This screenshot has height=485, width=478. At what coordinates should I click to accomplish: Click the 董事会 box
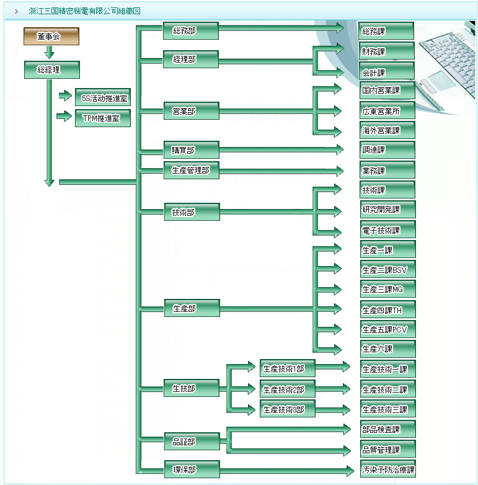pyautogui.click(x=48, y=37)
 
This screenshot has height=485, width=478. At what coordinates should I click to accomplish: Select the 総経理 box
pyautogui.click(x=51, y=70)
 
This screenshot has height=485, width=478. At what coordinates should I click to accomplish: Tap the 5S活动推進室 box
pyautogui.click(x=102, y=97)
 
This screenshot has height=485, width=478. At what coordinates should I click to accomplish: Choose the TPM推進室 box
pyautogui.click(x=102, y=118)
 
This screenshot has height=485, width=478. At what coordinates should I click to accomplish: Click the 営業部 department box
pyautogui.click(x=191, y=112)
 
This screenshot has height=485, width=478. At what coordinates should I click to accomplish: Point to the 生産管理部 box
pyautogui.click(x=191, y=171)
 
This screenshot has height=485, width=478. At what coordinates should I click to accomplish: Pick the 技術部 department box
pyautogui.click(x=191, y=212)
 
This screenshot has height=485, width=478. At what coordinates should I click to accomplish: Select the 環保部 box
pyautogui.click(x=191, y=469)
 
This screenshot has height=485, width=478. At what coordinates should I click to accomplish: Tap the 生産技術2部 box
pyautogui.click(x=287, y=389)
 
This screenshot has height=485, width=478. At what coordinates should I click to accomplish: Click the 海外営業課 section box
pyautogui.click(x=387, y=131)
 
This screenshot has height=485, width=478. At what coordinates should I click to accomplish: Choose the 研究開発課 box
pyautogui.click(x=387, y=210)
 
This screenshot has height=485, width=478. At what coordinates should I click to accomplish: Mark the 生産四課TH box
pyautogui.click(x=387, y=309)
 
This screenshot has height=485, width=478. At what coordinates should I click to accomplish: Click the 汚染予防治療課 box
pyautogui.click(x=387, y=469)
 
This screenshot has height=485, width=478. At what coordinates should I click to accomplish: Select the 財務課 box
pyautogui.click(x=386, y=51)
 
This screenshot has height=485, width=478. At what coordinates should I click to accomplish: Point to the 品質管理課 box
pyautogui.click(x=387, y=450)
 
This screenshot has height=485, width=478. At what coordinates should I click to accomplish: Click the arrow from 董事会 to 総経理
pyautogui.click(x=50, y=53)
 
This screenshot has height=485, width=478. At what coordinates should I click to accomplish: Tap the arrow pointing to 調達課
pyautogui.click(x=337, y=149)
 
